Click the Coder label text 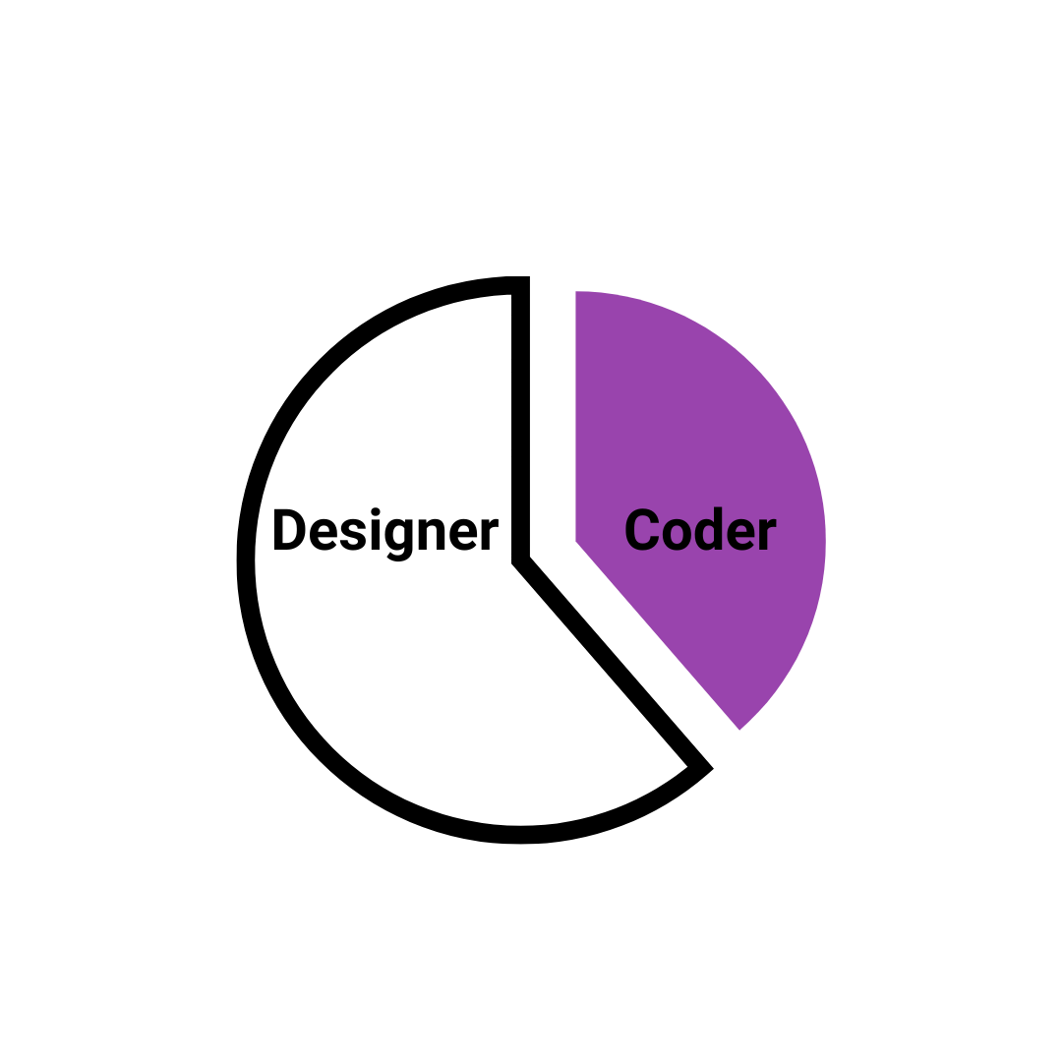[700, 531]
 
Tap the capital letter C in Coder [643, 531]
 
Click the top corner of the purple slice [576, 293]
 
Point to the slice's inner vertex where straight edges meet [576, 541]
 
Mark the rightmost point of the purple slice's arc [825, 541]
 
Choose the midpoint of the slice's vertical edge [576, 417]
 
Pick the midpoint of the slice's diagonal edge [658, 635]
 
